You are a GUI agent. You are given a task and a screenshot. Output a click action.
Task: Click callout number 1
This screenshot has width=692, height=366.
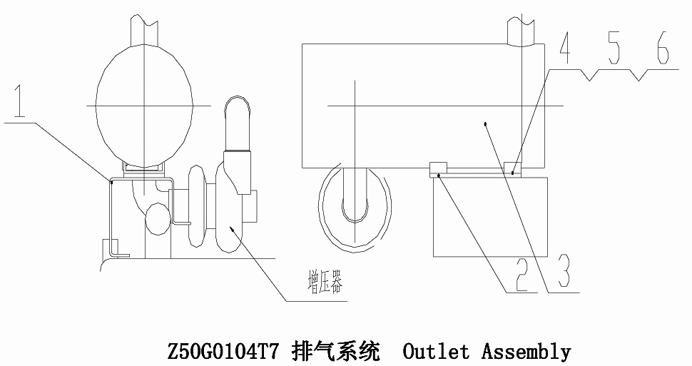[19, 102]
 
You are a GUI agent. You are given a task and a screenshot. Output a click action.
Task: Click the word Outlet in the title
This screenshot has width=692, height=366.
[436, 352]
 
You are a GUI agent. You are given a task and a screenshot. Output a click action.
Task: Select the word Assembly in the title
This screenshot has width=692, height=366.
[526, 352]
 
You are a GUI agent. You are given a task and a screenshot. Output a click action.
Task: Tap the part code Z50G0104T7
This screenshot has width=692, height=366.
[223, 352]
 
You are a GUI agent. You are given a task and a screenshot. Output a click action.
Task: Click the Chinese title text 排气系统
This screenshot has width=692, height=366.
[335, 352]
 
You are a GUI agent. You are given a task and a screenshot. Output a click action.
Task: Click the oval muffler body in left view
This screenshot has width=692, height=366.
[144, 106]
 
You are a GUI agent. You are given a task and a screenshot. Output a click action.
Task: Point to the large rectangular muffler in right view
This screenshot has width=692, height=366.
[423, 106]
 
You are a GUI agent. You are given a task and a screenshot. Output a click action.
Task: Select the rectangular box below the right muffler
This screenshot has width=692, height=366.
[490, 216]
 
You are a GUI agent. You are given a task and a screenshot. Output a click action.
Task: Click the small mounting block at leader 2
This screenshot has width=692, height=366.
[438, 170]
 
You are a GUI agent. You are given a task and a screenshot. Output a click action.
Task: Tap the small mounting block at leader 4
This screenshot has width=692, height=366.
[512, 169]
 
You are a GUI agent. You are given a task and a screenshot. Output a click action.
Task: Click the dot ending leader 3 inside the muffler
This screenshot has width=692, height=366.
[485, 124]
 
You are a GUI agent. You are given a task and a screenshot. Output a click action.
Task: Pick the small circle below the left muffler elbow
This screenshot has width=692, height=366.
[158, 219]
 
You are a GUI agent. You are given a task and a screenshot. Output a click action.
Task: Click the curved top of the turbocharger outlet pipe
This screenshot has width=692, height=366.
[238, 101]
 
